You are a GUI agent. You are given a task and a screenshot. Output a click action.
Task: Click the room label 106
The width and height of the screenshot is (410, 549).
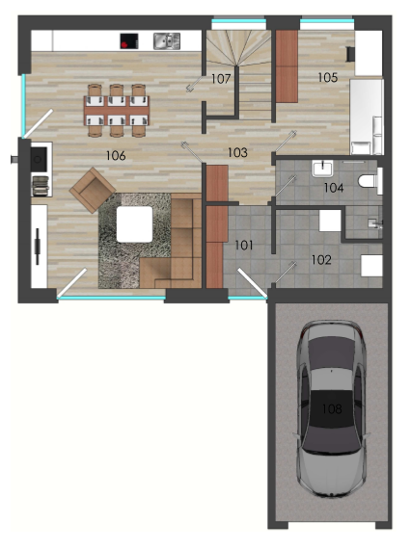tap(116, 155)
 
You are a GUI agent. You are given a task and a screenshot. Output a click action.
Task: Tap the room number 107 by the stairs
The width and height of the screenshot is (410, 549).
tap(221, 79)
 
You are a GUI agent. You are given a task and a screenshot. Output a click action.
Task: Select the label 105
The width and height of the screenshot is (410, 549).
tap(328, 77)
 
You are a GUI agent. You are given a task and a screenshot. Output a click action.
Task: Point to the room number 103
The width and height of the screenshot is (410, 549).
tap(237, 152)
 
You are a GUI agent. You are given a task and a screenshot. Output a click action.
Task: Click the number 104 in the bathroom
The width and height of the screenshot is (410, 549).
tap(334, 188)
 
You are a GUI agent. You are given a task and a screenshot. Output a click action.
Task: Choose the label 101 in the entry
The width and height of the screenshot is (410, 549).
tap(244, 245)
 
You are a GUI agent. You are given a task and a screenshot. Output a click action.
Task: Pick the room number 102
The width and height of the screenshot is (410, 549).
tap(321, 260)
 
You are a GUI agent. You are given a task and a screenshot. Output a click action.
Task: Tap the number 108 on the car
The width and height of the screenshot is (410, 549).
tap(332, 408)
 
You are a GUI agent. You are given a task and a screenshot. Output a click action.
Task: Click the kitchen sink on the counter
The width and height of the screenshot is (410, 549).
tap(167, 41)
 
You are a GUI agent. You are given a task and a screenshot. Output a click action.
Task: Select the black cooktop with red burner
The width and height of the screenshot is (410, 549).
tap(128, 41)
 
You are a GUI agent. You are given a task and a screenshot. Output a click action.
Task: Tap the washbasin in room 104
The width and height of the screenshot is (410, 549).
tap(322, 169)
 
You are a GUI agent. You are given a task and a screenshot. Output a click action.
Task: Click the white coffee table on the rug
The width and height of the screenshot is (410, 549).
tap(134, 224)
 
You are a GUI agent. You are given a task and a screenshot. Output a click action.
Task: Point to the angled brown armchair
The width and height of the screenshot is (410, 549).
tap(93, 190)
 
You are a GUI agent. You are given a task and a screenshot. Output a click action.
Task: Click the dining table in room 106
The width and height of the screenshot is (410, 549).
tap(117, 110)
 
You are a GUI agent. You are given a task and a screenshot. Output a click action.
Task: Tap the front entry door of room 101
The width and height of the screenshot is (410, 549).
tap(252, 282)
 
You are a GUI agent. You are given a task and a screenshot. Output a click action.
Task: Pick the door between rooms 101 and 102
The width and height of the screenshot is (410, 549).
tap(285, 273)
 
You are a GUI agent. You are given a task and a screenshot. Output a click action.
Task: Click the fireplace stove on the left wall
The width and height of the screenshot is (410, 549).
tap(39, 160)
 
